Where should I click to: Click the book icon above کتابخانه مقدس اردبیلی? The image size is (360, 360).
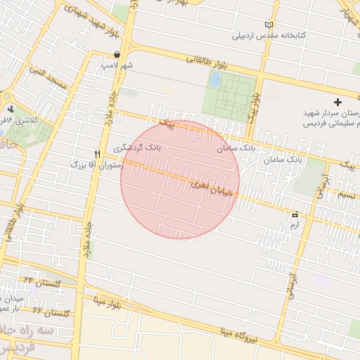268,25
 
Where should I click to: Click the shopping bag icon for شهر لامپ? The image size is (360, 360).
116,55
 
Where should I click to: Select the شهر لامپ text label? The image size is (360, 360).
117,65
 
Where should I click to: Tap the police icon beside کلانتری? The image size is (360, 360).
11,109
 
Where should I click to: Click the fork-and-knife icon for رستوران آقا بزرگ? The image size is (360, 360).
97,153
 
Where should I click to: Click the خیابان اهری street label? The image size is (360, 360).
209,185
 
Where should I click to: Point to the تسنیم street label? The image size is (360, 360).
348,194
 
